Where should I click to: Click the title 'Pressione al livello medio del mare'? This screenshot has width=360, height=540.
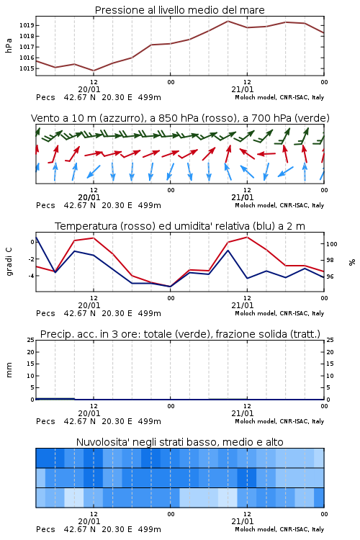point(179,10)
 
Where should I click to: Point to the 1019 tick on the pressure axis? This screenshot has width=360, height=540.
point(27,25)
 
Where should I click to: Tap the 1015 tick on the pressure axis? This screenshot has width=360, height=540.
point(27,68)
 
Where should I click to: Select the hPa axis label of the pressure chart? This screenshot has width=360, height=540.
point(9,45)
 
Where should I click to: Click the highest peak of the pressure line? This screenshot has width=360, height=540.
point(228,21)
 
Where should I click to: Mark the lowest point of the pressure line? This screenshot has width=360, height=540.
point(94,71)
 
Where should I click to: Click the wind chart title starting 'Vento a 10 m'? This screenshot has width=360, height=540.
point(180,118)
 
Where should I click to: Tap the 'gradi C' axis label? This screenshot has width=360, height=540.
point(9,261)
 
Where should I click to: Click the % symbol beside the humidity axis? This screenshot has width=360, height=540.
point(352,262)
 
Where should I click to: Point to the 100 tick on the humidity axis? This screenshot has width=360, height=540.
point(331,244)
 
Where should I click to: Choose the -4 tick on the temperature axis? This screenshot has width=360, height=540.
point(31,276)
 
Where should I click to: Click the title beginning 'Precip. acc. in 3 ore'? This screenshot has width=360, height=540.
point(180,334)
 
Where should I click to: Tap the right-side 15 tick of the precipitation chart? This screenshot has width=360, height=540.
point(330,364)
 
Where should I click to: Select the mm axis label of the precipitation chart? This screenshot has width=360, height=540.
point(9,369)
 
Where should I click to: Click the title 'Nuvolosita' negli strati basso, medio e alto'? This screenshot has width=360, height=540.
point(179,442)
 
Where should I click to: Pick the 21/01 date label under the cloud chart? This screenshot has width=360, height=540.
point(243,521)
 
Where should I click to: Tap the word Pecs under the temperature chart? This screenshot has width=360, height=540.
point(45,313)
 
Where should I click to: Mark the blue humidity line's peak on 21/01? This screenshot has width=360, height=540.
point(228,250)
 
